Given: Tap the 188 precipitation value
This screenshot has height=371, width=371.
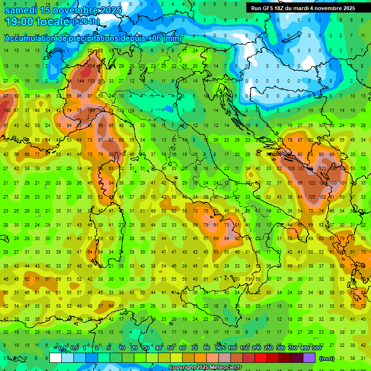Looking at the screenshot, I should click(7, 111).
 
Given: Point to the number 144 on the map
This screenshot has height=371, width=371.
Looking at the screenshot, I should click(80, 81).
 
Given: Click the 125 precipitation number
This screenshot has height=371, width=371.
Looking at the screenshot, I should click(312, 197).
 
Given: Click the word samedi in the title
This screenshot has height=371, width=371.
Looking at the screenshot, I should click(21, 9).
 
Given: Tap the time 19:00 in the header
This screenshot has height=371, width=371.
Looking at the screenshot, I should click(19, 21).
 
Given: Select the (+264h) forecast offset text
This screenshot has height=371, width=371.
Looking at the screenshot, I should click(86, 21).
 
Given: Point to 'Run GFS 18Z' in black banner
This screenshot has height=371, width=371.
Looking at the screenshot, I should click(268, 8).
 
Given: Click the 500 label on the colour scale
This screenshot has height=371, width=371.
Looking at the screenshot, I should click(316, 348).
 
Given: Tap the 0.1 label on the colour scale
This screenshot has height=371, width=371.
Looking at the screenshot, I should click(62, 348).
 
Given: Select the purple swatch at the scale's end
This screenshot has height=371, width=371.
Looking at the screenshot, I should click(309, 357).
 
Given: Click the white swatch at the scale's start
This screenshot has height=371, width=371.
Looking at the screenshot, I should click(56, 357).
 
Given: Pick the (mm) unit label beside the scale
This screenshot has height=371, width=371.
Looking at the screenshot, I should click(327, 358).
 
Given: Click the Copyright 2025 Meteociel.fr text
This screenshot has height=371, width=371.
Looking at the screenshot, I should click(205, 367).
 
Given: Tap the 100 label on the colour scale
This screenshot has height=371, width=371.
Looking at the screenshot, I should click(232, 348).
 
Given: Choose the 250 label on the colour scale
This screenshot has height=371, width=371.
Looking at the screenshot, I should click(268, 348).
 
